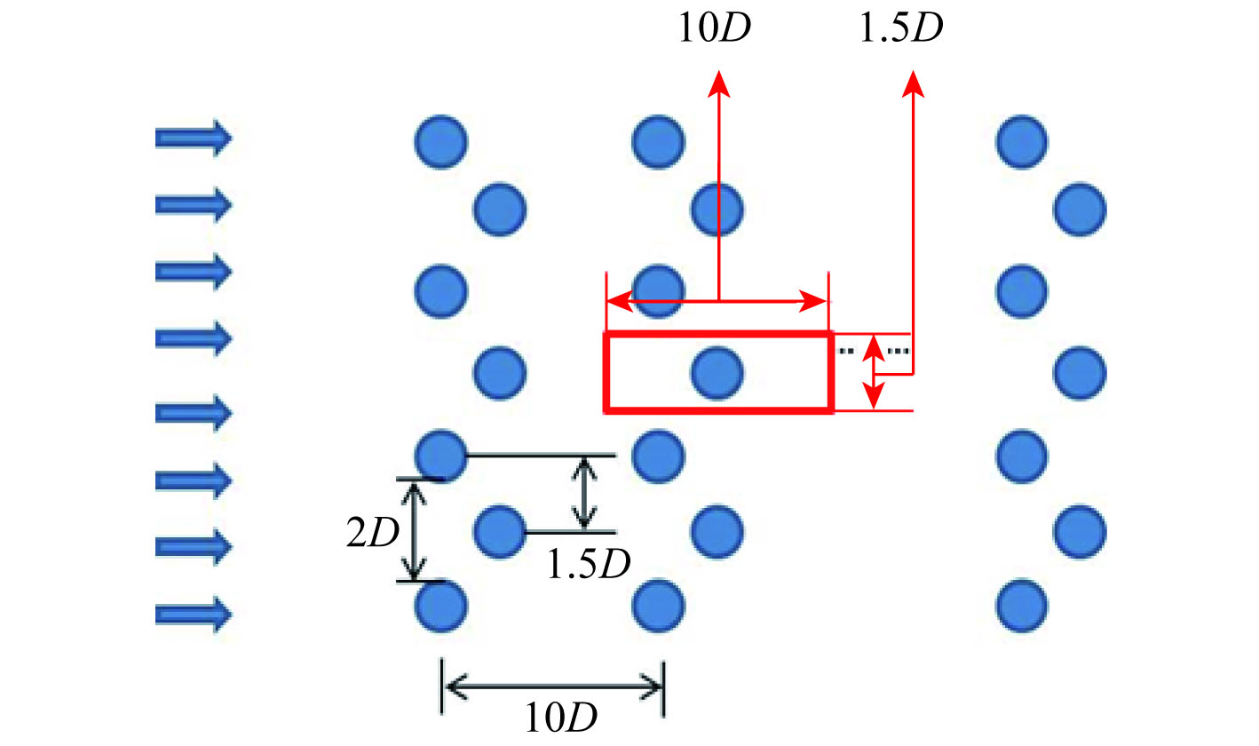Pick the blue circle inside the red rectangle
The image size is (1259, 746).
tap(717, 372)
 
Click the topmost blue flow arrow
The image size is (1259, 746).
tap(194, 139)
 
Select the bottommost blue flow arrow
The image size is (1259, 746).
tap(194, 614)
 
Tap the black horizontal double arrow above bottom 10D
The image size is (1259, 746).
tap(552, 686)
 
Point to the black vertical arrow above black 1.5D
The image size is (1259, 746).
tap(583, 493)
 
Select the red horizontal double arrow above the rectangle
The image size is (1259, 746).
tap(717, 303)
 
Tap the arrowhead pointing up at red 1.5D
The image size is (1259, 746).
tap(913, 82)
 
